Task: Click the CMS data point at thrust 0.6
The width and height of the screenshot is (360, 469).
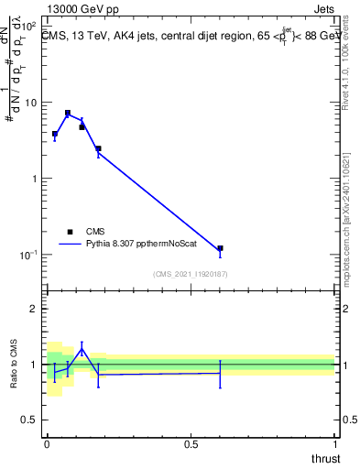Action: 220,248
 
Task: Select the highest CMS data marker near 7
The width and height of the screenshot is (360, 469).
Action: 68,114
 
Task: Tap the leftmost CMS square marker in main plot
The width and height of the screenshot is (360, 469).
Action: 55,134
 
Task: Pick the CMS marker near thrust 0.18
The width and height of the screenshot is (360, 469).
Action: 98,148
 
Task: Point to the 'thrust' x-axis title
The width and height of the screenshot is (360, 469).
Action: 324,457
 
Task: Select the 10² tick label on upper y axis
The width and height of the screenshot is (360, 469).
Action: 27,26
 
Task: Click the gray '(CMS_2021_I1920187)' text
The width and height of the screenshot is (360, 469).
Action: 191,273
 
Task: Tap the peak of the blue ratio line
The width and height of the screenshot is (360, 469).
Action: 82,347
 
